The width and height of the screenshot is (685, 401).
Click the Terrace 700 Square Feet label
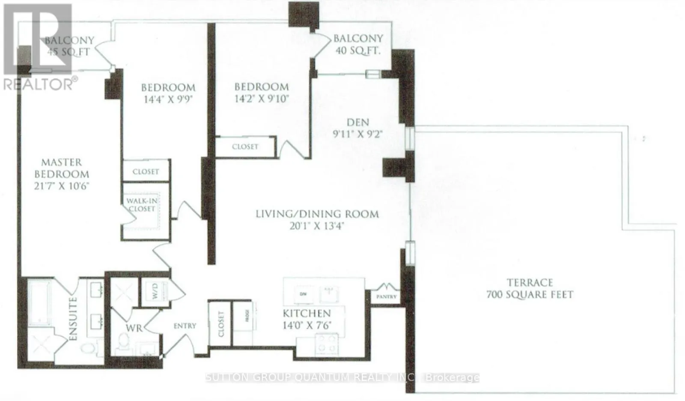(530, 289)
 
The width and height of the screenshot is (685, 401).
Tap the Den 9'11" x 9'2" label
(357, 128)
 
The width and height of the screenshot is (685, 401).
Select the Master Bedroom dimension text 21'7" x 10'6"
(62, 187)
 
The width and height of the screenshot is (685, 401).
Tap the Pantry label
(387, 296)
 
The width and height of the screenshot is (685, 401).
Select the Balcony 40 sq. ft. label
(358, 44)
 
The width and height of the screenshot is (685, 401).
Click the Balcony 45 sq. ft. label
(69, 46)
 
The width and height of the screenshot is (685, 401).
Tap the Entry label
(185, 326)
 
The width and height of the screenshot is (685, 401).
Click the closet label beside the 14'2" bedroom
(245, 147)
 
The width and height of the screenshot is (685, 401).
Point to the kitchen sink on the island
(329, 294)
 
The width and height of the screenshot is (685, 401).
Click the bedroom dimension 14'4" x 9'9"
(168, 99)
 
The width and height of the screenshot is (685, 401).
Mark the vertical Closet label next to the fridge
(220, 324)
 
